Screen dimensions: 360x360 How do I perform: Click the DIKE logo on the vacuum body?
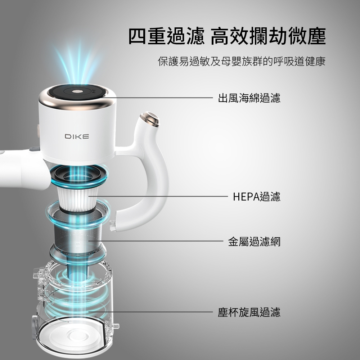tap(77, 136)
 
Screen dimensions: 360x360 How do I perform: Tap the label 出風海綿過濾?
tap(249, 98)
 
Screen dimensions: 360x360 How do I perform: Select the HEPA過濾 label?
tap(257, 197)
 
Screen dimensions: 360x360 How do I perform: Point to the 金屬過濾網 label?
tap(255, 242)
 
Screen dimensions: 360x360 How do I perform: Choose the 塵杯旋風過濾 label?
tap(249, 312)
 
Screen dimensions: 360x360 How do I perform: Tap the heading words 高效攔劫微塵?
tap(268, 36)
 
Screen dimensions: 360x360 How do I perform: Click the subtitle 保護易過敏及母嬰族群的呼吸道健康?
tap(242, 61)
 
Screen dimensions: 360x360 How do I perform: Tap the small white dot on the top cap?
tap(76, 91)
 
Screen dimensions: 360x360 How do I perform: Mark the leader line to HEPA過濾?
tap(158, 197)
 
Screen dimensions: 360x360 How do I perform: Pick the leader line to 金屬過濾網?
tap(156, 241)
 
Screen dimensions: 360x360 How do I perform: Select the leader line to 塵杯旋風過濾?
tap(151, 312)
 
